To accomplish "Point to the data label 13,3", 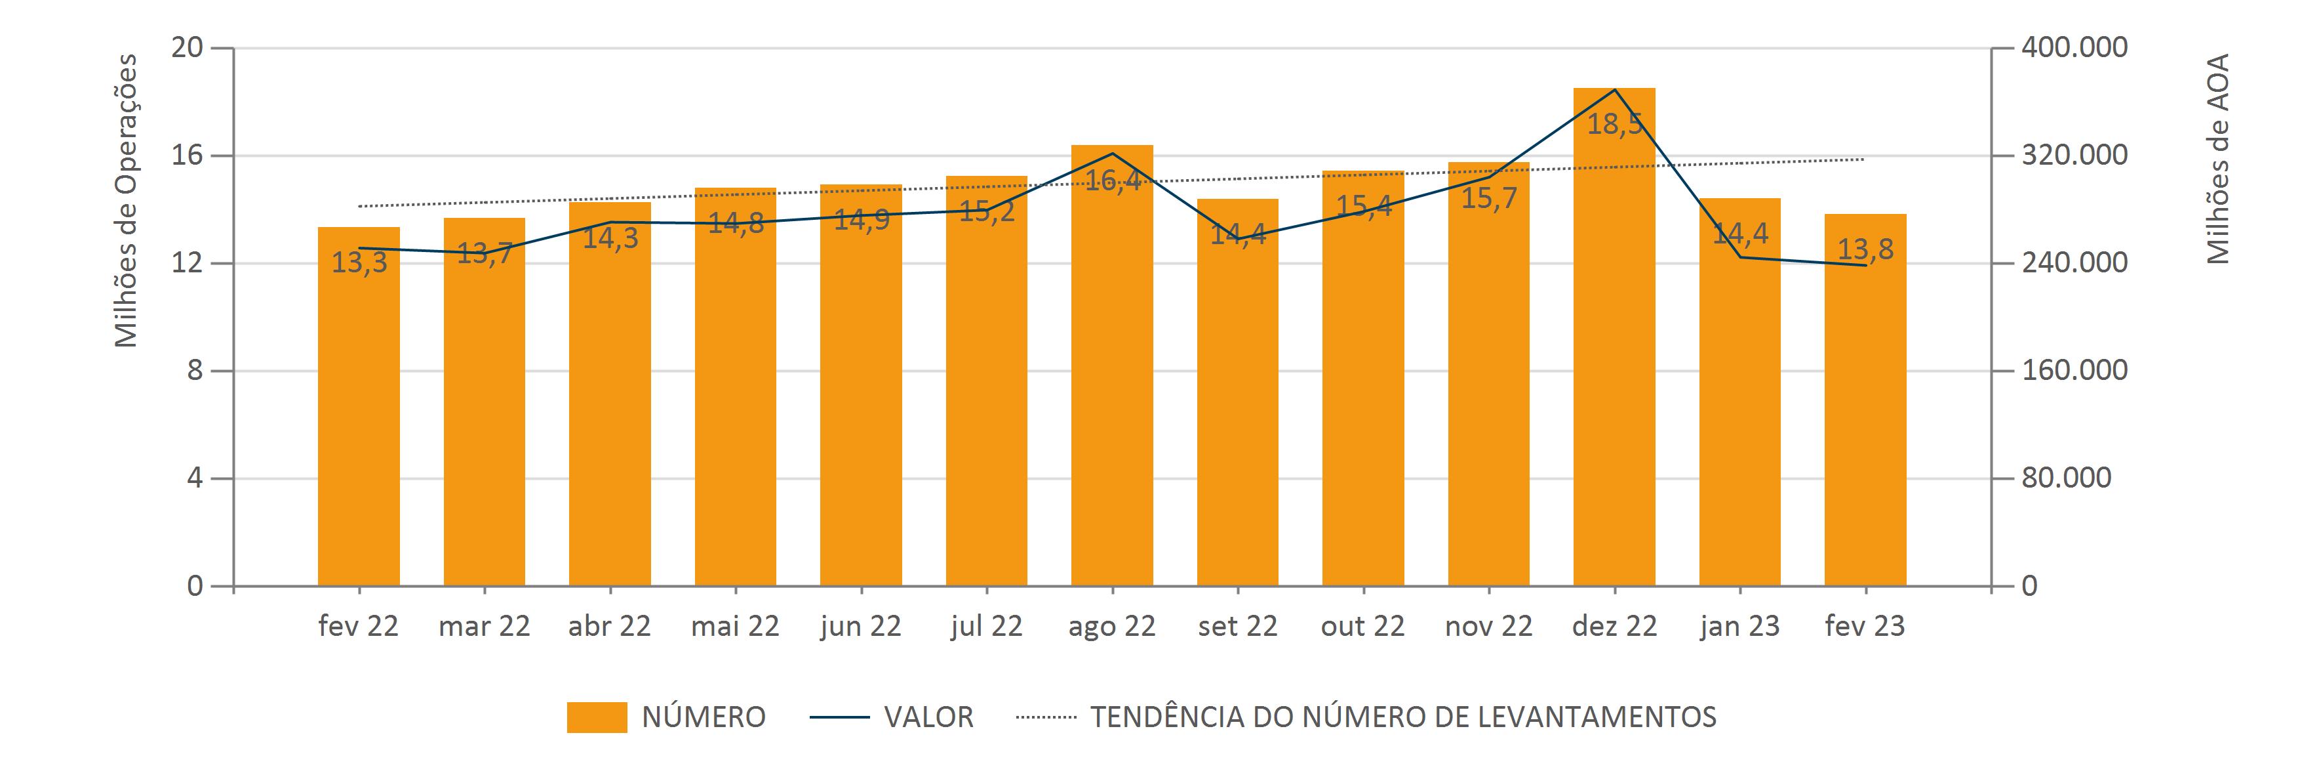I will pos(359,263).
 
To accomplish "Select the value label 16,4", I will pos(1112,181).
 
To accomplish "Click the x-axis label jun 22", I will pos(860,626).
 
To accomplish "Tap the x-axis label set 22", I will pos(1237,626).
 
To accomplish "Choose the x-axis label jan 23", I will pos(1739,626).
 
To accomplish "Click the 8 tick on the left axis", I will pos(195,371).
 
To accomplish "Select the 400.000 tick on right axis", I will pos(2074,48).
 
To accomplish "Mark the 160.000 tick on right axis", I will pos(2074,370).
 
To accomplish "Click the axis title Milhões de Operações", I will pos(127,200).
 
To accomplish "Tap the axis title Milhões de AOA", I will pos(2217,159).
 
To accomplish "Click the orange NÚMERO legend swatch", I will pos(596,717).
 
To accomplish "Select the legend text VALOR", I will pos(928,717).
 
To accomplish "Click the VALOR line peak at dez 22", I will pos(1614,89).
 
